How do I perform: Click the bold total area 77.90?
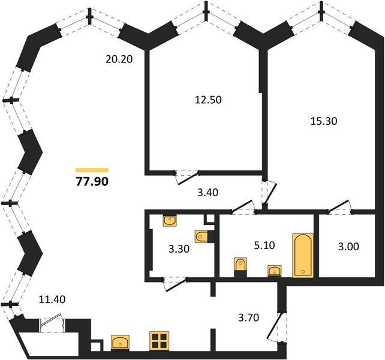coord(92,182)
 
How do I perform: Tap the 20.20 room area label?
coord(119,59)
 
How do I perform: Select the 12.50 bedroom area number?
coord(208,100)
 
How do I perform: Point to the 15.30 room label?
coord(324,121)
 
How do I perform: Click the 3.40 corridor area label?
coord(207,193)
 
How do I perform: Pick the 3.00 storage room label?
coord(348,246)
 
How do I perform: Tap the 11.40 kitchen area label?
coord(52,299)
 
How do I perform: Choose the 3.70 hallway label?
coord(248,317)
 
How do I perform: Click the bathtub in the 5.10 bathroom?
coord(303,256)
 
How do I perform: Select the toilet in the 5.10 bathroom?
coord(240,267)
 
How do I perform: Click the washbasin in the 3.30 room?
coord(170,221)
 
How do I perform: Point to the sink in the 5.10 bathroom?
coord(275,271)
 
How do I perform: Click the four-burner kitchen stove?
coord(160,341)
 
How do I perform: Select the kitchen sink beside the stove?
coord(120,343)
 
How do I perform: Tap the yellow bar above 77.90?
coord(92,170)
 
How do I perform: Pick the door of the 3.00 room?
coord(339,207)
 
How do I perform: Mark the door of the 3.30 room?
coord(175,284)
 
